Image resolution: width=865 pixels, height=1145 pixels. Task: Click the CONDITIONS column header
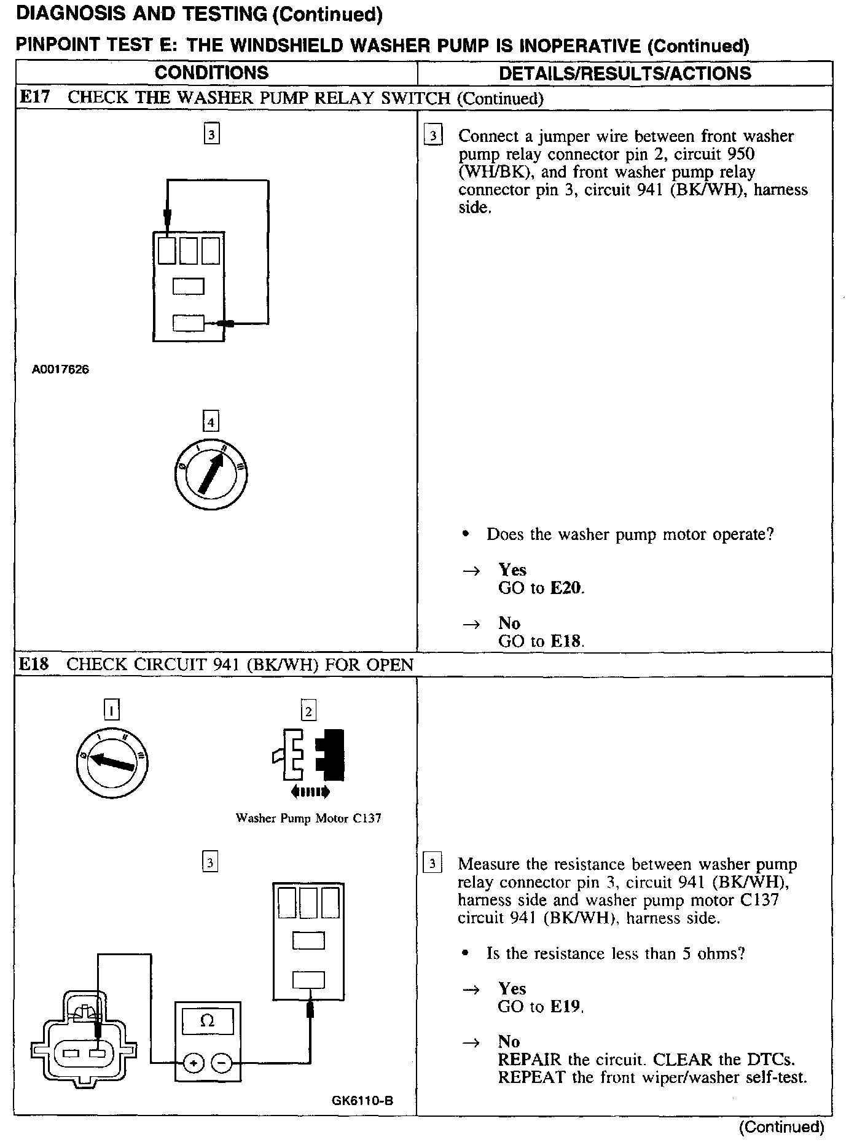[x=211, y=73]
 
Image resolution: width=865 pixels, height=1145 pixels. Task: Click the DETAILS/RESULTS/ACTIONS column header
[x=625, y=74]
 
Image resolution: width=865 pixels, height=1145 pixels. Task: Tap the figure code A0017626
[x=61, y=370]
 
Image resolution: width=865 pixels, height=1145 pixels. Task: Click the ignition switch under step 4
[x=211, y=474]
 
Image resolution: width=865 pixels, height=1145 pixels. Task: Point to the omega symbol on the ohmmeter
[x=208, y=1022]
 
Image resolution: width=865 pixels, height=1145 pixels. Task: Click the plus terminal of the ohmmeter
[x=193, y=1063]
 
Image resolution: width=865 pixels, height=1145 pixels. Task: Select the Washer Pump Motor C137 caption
[x=308, y=818]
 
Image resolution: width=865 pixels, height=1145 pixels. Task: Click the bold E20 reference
[x=565, y=588]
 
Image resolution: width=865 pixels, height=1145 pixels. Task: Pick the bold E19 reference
[x=565, y=1006]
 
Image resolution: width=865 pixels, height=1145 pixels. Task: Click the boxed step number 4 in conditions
[x=211, y=422]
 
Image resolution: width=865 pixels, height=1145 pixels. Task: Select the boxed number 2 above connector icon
[x=308, y=711]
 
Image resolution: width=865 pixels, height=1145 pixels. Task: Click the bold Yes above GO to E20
[x=512, y=570]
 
